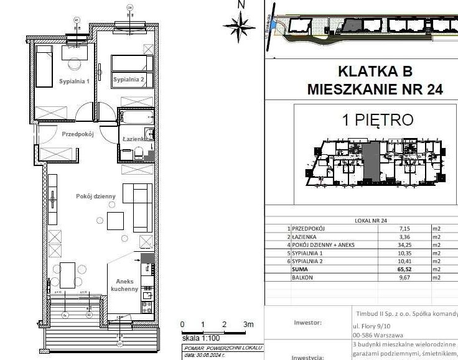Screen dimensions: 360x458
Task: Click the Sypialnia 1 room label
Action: tap(75, 81)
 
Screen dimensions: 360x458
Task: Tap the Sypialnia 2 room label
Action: tap(128, 80)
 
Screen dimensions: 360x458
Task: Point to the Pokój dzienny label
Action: tap(96, 196)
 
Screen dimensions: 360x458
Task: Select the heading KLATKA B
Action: tap(375, 71)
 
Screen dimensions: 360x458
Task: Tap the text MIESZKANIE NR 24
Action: tap(375, 90)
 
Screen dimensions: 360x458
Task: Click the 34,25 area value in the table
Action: tap(406, 245)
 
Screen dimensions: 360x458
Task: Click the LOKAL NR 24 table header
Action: tap(375, 220)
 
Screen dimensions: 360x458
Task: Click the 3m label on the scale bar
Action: tap(249, 325)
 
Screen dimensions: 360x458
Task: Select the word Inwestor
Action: tap(307, 323)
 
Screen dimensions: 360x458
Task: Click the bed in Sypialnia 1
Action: tap(44, 66)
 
